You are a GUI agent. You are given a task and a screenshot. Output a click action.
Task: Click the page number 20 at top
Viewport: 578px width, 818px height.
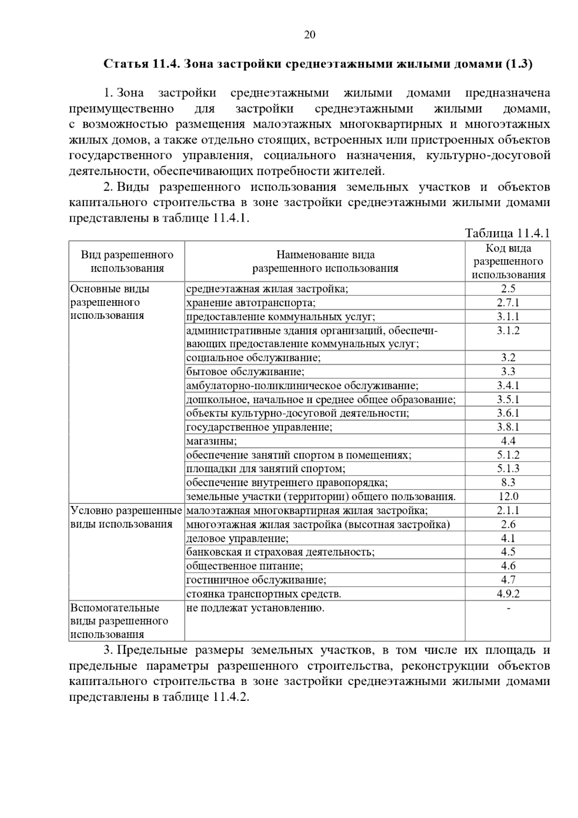(x=310, y=35)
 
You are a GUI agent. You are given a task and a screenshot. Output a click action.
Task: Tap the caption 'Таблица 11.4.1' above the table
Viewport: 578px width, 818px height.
(x=507, y=234)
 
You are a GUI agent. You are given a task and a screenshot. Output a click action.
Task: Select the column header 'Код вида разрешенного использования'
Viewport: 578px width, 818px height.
(x=508, y=262)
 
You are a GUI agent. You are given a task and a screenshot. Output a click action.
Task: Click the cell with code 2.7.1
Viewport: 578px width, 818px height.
(x=508, y=303)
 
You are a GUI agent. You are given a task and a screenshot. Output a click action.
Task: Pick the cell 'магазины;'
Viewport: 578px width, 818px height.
(x=211, y=441)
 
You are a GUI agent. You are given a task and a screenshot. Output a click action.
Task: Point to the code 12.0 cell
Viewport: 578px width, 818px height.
(x=508, y=497)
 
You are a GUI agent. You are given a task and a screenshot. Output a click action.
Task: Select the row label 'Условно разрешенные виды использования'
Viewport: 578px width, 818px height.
(x=126, y=517)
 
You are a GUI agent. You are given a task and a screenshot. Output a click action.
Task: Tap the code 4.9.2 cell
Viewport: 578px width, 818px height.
(x=508, y=594)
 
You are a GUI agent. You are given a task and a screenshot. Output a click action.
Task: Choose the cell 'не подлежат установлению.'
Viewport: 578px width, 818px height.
(x=255, y=608)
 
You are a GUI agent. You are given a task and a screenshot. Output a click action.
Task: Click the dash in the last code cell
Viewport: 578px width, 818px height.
(x=508, y=608)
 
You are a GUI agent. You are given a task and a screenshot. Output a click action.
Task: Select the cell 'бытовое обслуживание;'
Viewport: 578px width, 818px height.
(x=246, y=372)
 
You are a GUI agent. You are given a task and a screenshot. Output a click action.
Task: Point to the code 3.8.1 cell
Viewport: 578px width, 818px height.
(x=508, y=427)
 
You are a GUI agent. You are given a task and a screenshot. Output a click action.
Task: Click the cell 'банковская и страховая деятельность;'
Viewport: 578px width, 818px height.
(x=280, y=552)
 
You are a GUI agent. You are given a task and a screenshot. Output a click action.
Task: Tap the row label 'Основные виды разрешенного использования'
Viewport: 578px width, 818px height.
(x=110, y=302)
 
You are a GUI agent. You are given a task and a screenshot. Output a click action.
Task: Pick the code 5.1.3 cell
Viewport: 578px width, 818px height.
(x=508, y=469)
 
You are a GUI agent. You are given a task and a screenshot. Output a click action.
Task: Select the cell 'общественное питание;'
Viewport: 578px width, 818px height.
(x=245, y=566)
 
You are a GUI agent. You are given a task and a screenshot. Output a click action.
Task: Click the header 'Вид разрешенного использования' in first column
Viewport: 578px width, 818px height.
(x=127, y=262)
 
